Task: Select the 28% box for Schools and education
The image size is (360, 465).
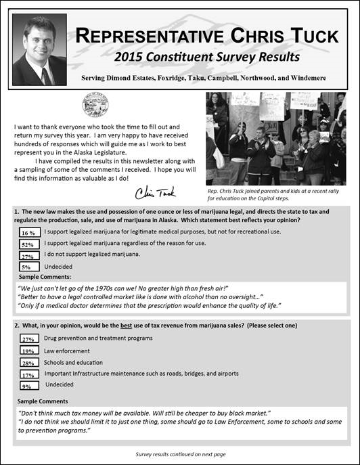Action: [28, 363]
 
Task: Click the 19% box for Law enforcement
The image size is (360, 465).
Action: [28, 351]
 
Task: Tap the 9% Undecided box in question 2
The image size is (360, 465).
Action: [28, 386]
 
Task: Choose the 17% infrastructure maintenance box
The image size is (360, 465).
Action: [28, 374]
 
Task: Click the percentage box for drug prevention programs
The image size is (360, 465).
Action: [28, 339]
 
